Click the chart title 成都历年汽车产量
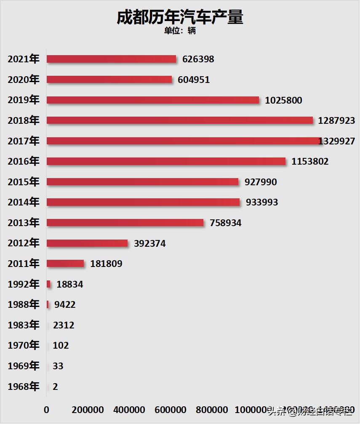[180, 17]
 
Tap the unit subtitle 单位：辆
[180, 31]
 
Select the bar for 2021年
[111, 59]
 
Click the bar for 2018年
[180, 120]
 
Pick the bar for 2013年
[125, 223]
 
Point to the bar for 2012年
[87, 243]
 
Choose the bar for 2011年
[65, 264]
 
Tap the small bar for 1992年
[48, 284]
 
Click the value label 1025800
[283, 100]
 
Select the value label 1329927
[337, 141]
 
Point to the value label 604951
[194, 80]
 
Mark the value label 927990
[261, 182]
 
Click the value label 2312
[64, 325]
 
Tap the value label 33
[58, 366]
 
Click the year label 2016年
[24, 161]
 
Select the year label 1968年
[24, 387]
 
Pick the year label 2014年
[24, 202]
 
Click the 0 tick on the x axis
[46, 410]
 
